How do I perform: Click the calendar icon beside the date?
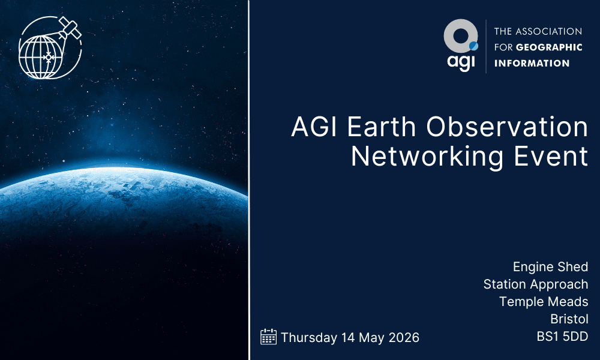pyautogui.click(x=268, y=337)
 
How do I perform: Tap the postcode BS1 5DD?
pyautogui.click(x=562, y=337)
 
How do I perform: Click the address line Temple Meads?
pyautogui.click(x=544, y=301)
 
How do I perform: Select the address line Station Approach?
pyautogui.click(x=536, y=284)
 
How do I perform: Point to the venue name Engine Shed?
pyautogui.click(x=550, y=266)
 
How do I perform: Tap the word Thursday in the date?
pyautogui.click(x=309, y=337)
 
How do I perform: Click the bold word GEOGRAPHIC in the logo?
pyautogui.click(x=547, y=47)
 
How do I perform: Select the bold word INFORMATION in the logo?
pyautogui.click(x=532, y=63)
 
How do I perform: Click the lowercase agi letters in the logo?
pyautogui.click(x=460, y=62)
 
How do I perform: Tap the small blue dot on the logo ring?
pyautogui.click(x=473, y=45)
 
